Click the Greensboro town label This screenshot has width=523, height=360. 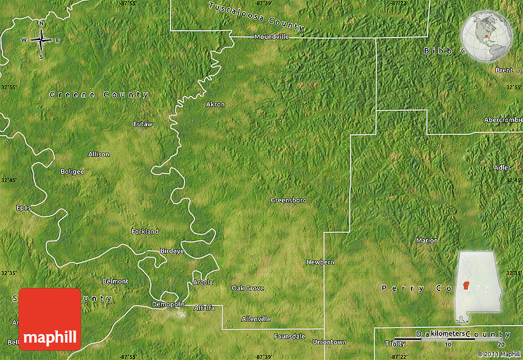[x=288, y=200]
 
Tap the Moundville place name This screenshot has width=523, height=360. [x=271, y=37]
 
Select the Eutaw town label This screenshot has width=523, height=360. [x=143, y=124]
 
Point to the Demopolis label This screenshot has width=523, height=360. [x=169, y=304]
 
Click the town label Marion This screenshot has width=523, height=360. [x=427, y=240]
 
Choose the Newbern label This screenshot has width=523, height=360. [x=320, y=262]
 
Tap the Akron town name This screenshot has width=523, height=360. [x=215, y=104]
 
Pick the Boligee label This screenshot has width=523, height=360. [x=72, y=171]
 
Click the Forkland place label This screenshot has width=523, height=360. [x=145, y=231]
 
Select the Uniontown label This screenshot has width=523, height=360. [x=329, y=342]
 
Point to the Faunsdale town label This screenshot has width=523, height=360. [x=290, y=337]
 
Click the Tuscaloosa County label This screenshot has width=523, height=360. [x=257, y=17]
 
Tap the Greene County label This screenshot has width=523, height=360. [x=99, y=95]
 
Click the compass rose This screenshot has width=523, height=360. [x=41, y=41]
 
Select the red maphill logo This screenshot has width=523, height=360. [x=50, y=319]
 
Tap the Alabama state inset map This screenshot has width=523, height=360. [x=478, y=286]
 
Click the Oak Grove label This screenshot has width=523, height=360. [x=247, y=288]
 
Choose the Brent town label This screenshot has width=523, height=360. [x=504, y=70]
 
